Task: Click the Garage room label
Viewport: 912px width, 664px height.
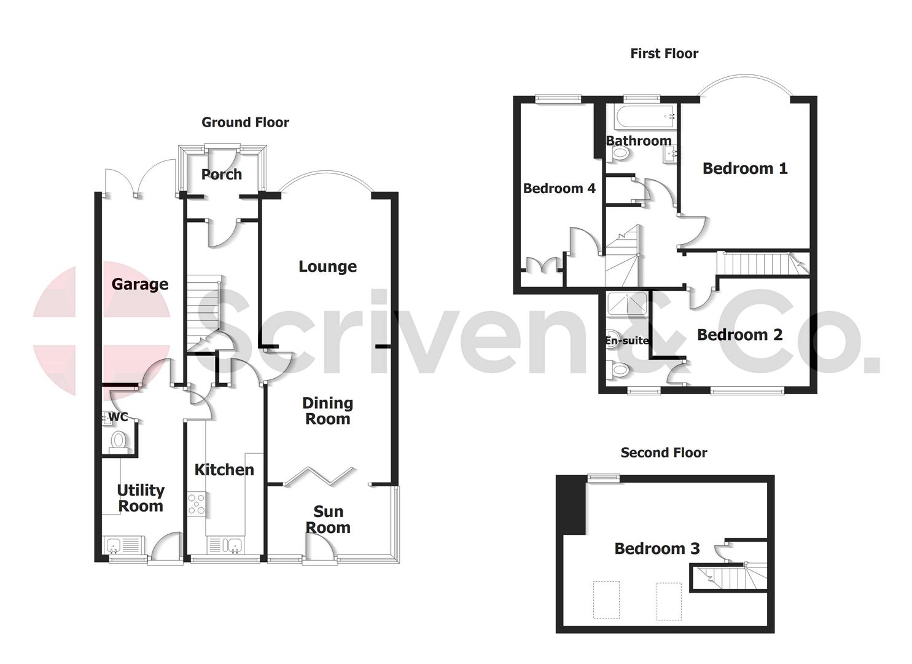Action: [x=140, y=284]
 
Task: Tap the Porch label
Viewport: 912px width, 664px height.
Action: [x=222, y=175]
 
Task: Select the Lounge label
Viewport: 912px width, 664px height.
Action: [x=327, y=266]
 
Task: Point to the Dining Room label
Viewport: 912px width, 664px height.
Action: [x=327, y=411]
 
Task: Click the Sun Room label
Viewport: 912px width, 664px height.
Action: [x=328, y=520]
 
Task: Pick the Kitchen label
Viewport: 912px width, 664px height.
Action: [x=224, y=470]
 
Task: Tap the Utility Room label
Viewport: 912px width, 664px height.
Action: [x=141, y=498]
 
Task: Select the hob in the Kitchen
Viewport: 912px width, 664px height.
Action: [x=197, y=504]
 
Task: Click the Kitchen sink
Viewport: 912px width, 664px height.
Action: [x=225, y=545]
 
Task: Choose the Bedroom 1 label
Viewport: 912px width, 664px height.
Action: [x=745, y=168]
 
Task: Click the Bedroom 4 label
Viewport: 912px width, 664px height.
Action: [x=559, y=188]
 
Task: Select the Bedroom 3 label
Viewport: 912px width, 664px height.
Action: [x=657, y=548]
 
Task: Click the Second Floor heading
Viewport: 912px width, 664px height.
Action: [x=664, y=453]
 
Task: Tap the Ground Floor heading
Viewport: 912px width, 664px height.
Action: [x=245, y=122]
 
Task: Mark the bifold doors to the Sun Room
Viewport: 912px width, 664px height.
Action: [x=320, y=476]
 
